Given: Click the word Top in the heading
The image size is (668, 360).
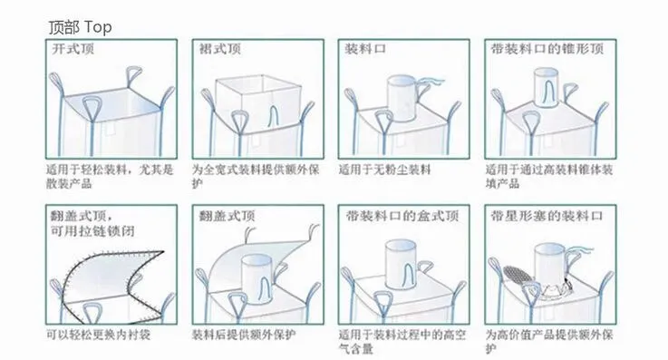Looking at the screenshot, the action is click(x=98, y=28).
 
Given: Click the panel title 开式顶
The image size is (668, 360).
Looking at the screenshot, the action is click(x=73, y=49).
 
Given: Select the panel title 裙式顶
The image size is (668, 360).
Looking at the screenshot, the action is click(x=220, y=49).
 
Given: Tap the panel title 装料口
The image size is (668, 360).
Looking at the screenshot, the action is click(x=365, y=49).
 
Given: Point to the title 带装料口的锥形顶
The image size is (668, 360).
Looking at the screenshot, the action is click(x=547, y=49).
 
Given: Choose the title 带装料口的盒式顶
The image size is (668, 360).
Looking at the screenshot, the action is click(x=402, y=216).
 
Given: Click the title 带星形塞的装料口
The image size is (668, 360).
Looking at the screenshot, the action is click(x=547, y=216).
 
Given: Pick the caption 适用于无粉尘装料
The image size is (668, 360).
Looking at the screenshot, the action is click(x=384, y=170).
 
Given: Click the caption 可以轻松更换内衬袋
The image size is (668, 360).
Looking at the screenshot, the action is click(x=99, y=335).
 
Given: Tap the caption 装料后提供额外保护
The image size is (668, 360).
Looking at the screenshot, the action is click(x=244, y=335).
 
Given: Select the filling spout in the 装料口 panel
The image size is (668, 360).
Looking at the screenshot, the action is click(x=402, y=99).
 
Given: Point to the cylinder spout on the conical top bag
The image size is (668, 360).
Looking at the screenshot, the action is click(x=547, y=87).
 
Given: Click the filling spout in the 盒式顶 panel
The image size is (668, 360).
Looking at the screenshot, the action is click(x=401, y=264).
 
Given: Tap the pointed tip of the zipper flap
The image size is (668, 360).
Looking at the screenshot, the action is click(x=164, y=251).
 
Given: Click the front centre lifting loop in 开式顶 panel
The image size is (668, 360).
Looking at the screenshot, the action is click(x=92, y=109).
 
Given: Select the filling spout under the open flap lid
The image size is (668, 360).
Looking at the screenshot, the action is click(x=257, y=279).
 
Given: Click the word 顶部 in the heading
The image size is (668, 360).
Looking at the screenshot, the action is click(x=64, y=28).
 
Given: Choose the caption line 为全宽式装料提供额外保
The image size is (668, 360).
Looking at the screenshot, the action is click(x=256, y=170).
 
